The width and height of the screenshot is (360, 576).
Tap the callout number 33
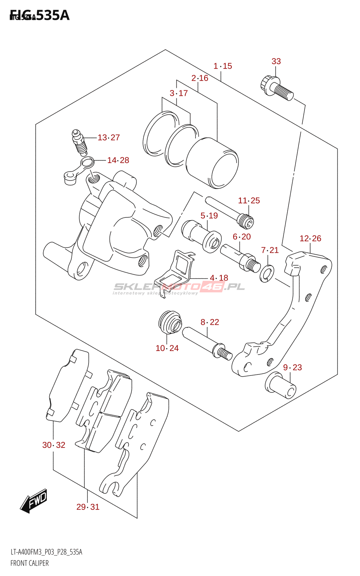(x=276, y=62)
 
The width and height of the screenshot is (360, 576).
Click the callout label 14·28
(x=118, y=160)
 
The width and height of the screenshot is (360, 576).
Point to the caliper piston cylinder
(x=212, y=163)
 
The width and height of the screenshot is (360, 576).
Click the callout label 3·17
(x=179, y=93)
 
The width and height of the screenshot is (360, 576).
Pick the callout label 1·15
(x=223, y=66)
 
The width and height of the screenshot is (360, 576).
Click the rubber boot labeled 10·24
(x=170, y=321)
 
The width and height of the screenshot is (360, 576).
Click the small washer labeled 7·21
(x=267, y=273)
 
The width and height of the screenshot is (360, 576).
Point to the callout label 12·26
(x=310, y=238)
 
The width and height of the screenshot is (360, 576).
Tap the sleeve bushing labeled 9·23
(x=281, y=386)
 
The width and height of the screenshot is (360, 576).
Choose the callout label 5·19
(x=209, y=216)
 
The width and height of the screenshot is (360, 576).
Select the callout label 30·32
(x=54, y=445)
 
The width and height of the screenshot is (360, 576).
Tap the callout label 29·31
(x=88, y=507)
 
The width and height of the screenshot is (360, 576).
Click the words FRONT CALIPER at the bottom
(x=30, y=563)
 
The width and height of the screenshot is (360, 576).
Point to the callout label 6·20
(x=242, y=237)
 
